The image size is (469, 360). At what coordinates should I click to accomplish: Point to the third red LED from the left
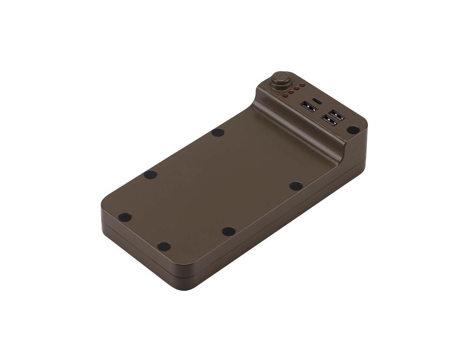coord(296,89)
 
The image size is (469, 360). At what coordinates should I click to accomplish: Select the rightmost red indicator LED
coord(302,86)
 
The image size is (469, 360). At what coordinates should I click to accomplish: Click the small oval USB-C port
coord(317,101)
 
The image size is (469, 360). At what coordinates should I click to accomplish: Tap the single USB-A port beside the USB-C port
coord(308,107)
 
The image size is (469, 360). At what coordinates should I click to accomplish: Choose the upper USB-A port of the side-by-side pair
coord(337,116)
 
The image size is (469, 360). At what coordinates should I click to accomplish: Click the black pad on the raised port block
coord(353,129)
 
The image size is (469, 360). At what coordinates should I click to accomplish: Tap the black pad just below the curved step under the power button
coord(218,132)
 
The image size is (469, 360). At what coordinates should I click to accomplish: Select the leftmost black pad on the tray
coord(125,217)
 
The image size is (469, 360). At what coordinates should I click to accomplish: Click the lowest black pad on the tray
coord(164,246)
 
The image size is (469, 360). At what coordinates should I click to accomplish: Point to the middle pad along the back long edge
coord(150,175)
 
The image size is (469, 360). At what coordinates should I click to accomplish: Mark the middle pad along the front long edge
coord(228,231)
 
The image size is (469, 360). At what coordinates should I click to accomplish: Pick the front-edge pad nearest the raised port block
coord(296,186)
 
